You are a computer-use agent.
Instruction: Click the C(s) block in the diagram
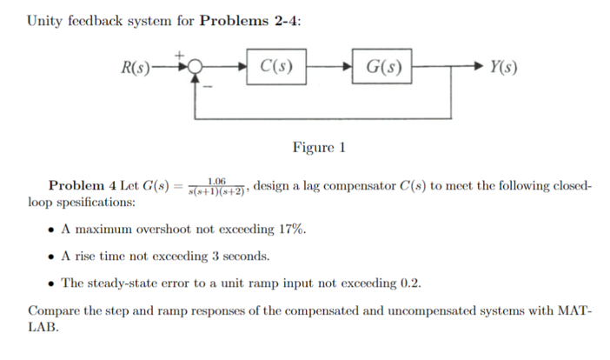[x=276, y=66]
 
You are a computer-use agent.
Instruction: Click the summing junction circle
[x=196, y=66]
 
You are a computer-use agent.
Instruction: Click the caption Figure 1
[x=319, y=147]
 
